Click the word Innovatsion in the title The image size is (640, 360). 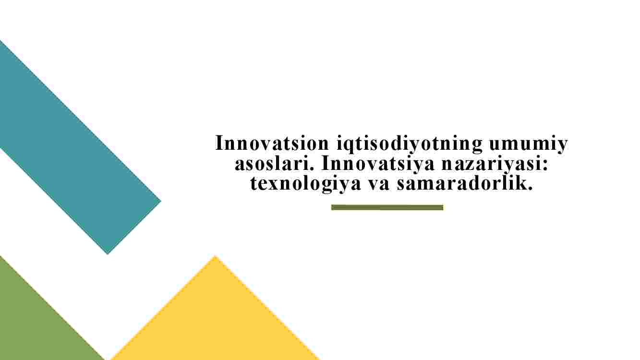(x=272, y=143)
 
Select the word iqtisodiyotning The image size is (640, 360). (x=410, y=145)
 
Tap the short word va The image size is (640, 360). (x=378, y=185)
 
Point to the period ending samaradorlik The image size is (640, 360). (x=530, y=188)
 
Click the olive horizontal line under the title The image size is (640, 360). (x=387, y=207)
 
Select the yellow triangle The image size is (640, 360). (x=215, y=317)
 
